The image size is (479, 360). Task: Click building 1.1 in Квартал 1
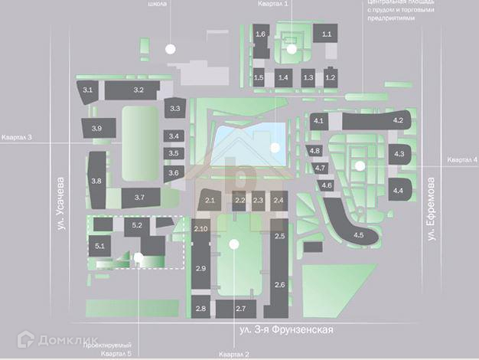[x=327, y=34]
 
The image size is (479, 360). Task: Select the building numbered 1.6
[x=260, y=34]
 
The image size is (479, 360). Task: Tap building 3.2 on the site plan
[x=138, y=90]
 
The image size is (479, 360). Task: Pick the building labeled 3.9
[x=96, y=128]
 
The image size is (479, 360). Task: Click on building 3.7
[x=139, y=198]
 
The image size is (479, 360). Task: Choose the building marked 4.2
[x=397, y=121]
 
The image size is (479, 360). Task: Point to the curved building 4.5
[x=357, y=234]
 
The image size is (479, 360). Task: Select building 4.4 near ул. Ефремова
[x=398, y=190]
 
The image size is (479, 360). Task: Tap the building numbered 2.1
[x=212, y=201]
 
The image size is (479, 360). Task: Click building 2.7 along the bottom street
[x=240, y=308]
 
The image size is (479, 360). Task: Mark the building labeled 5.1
[x=99, y=246]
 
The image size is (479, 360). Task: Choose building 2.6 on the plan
[x=279, y=285]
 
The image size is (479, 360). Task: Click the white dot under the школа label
[x=170, y=48]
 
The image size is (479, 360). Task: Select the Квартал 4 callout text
[x=462, y=159]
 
